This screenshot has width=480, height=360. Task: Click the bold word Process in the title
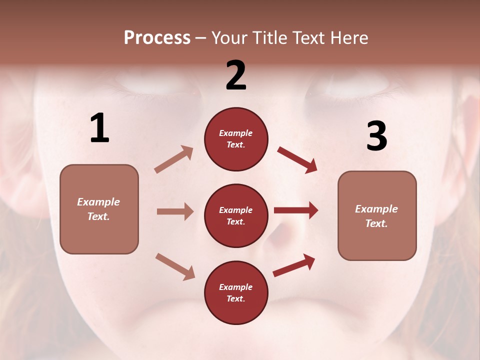coord(157,38)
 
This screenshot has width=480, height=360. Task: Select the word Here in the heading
coord(349,38)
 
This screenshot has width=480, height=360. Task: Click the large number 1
coord(99,128)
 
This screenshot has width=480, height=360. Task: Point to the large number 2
coord(236,75)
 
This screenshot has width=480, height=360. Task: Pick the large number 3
coord(376,136)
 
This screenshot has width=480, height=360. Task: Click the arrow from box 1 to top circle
coord(173,159)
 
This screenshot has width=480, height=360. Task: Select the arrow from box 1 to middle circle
coord(175,211)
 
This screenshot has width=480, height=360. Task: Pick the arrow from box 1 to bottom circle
coord(175,266)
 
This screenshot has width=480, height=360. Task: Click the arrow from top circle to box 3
coord(297,159)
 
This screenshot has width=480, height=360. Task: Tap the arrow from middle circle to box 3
coord(296,210)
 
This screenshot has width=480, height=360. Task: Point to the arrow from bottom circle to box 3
coord(294,265)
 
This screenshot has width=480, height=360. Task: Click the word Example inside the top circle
coord(236,133)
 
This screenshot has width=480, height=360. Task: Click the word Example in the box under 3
coord(376,209)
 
